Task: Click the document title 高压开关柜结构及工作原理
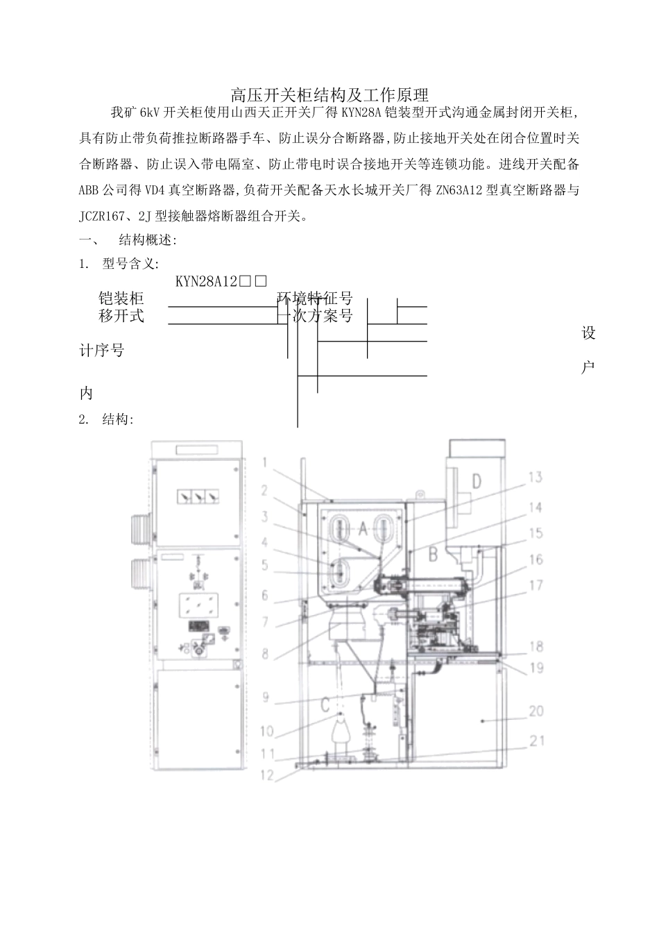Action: [x=329, y=94]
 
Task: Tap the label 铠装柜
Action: [x=121, y=299]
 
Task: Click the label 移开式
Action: [x=121, y=316]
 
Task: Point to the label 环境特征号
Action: [x=316, y=299]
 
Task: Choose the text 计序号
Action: [x=101, y=351]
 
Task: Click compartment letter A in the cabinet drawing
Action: [x=363, y=529]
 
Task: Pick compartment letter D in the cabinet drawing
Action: [x=477, y=480]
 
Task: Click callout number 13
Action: [x=534, y=477]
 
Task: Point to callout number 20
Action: [x=536, y=712]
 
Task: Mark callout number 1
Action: [x=268, y=461]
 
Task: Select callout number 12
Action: [x=268, y=775]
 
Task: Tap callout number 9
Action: [x=266, y=696]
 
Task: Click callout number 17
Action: [x=536, y=585]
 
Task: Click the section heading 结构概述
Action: [x=147, y=240]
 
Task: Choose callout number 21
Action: [x=536, y=741]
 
